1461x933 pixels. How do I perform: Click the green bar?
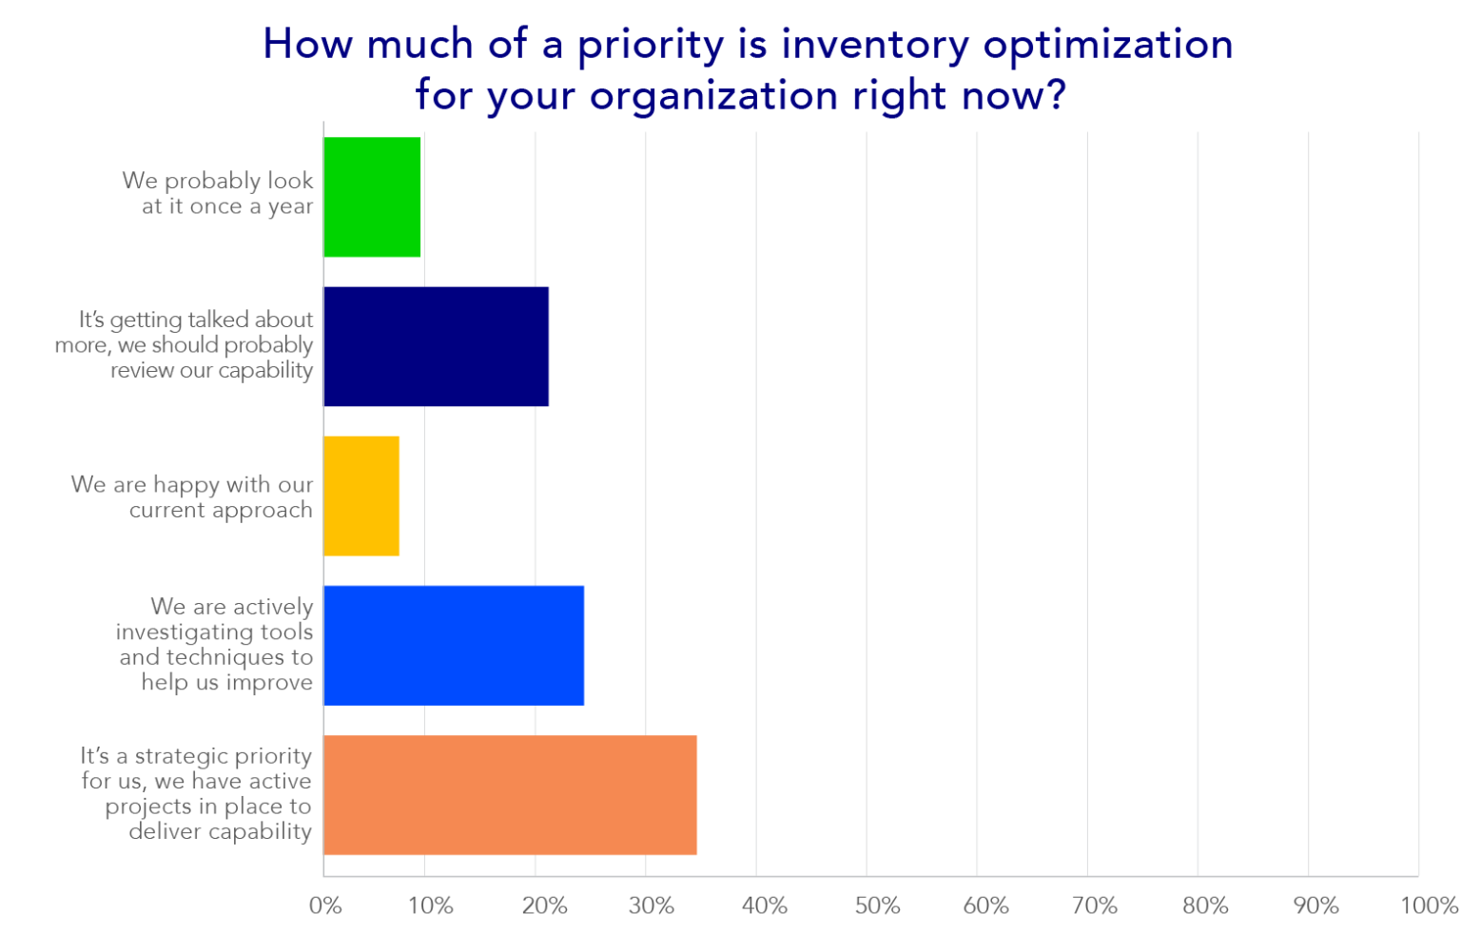(372, 197)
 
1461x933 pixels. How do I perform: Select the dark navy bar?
(436, 346)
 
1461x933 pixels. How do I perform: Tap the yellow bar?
(361, 496)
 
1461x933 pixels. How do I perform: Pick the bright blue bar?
(454, 645)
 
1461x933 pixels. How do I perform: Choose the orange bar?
(510, 794)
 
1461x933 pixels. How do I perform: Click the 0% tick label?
(325, 905)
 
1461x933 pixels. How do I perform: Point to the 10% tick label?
(431, 905)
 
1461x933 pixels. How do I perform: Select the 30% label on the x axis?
(652, 905)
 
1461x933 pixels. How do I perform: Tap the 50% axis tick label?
(877, 905)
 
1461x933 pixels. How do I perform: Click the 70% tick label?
(1095, 905)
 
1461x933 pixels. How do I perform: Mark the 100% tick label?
(1429, 905)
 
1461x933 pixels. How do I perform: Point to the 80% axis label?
(1205, 905)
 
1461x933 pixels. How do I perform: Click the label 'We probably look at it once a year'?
(219, 193)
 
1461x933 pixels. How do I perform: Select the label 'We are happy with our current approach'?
(192, 496)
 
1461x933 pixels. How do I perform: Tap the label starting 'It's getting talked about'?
(185, 344)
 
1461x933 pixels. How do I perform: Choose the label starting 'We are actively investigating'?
(215, 644)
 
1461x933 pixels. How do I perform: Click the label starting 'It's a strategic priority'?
(197, 793)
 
